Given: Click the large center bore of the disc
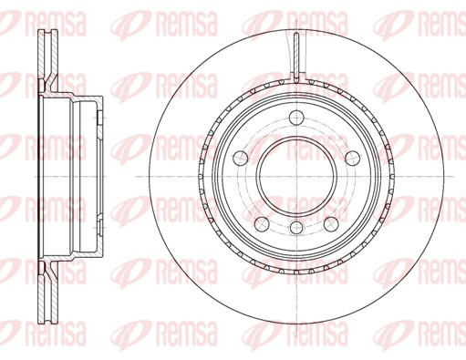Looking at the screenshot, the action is coord(296,176).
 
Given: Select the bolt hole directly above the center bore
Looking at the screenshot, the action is coord(296,118).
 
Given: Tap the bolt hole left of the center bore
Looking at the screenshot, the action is coord(241,158).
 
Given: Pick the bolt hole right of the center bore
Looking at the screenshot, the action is coord(353,158).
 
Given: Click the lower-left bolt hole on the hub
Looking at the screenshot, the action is coord(262,224).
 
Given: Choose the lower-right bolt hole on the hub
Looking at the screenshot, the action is coord(331,224).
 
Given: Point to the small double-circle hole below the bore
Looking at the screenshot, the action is coord(296,227).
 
